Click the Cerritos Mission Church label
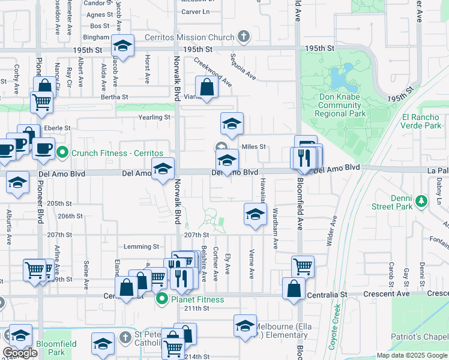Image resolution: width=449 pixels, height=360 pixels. (189, 38)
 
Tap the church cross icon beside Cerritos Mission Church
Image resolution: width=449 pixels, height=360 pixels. (243, 37)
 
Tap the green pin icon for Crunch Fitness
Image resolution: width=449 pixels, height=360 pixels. (62, 153)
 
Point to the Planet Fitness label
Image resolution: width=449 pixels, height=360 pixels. (197, 299)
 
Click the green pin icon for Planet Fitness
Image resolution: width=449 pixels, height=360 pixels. (161, 299)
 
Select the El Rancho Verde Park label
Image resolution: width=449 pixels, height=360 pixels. (421, 121)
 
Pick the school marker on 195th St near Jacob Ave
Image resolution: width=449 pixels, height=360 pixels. (123, 46)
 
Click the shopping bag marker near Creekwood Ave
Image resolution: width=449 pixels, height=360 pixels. (206, 87)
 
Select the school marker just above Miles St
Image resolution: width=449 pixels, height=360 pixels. (232, 124)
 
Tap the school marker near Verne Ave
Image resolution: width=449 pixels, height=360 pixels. (255, 214)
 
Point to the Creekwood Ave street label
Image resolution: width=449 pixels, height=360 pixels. (214, 71)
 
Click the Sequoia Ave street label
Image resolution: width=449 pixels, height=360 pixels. (243, 67)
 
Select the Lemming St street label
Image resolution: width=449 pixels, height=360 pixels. (141, 247)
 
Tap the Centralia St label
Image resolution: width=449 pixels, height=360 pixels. (327, 295)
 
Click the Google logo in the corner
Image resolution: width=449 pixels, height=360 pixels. (20, 353)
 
